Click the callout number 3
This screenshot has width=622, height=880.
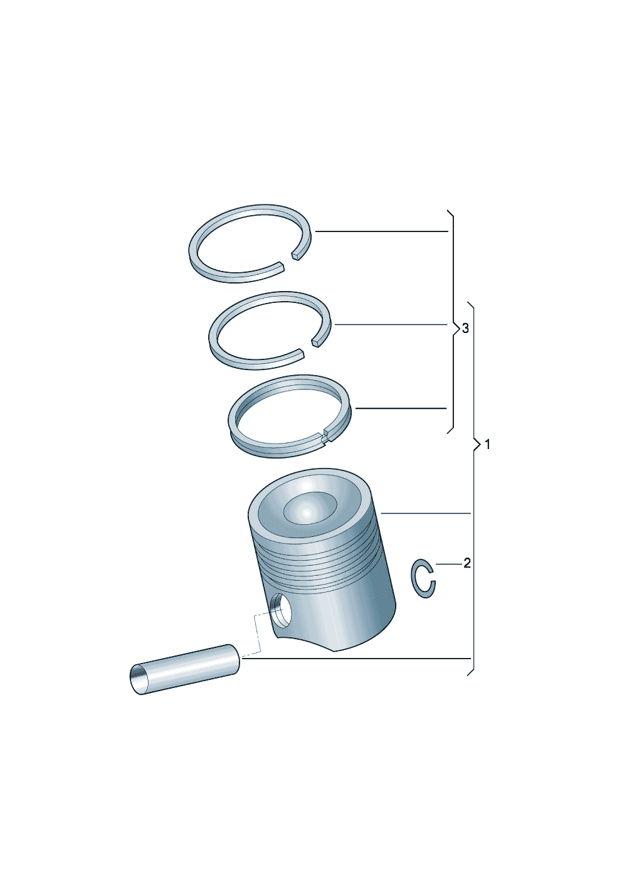[x=465, y=328]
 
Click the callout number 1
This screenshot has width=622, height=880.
[x=488, y=445]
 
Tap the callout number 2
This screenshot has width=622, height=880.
[x=467, y=563]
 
